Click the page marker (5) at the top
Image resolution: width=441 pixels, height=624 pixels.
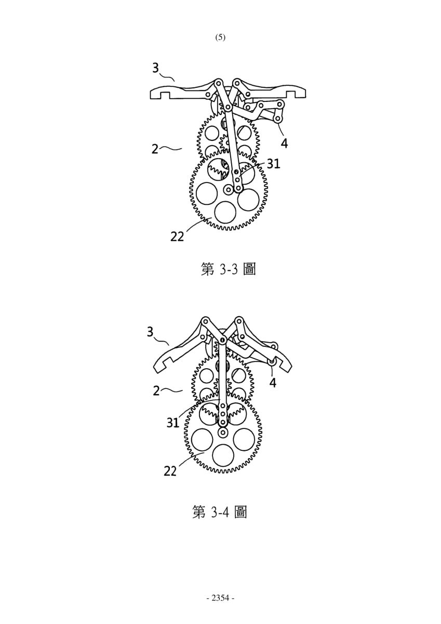220,37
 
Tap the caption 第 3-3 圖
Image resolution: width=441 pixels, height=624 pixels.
228,269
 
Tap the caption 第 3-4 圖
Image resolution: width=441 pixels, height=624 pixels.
220,512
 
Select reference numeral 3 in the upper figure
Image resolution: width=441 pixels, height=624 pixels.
156,68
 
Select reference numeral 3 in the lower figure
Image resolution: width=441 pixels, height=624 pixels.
150,332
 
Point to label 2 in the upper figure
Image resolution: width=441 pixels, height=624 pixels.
155,149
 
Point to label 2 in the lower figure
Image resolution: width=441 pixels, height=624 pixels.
156,391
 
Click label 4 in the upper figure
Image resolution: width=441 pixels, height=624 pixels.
284,143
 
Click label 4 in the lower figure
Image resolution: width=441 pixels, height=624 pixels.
273,383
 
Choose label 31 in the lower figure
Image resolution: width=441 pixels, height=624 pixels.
173,423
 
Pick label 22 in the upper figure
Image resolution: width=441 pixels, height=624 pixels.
177,237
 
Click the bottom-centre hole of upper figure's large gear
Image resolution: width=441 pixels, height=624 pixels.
225,212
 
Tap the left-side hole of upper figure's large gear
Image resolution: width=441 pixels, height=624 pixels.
207,193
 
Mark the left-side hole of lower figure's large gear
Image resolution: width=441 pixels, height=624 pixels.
202,439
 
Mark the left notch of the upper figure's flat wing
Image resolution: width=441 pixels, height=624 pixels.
165,95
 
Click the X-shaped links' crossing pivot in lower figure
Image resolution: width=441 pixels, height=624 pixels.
222,340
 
